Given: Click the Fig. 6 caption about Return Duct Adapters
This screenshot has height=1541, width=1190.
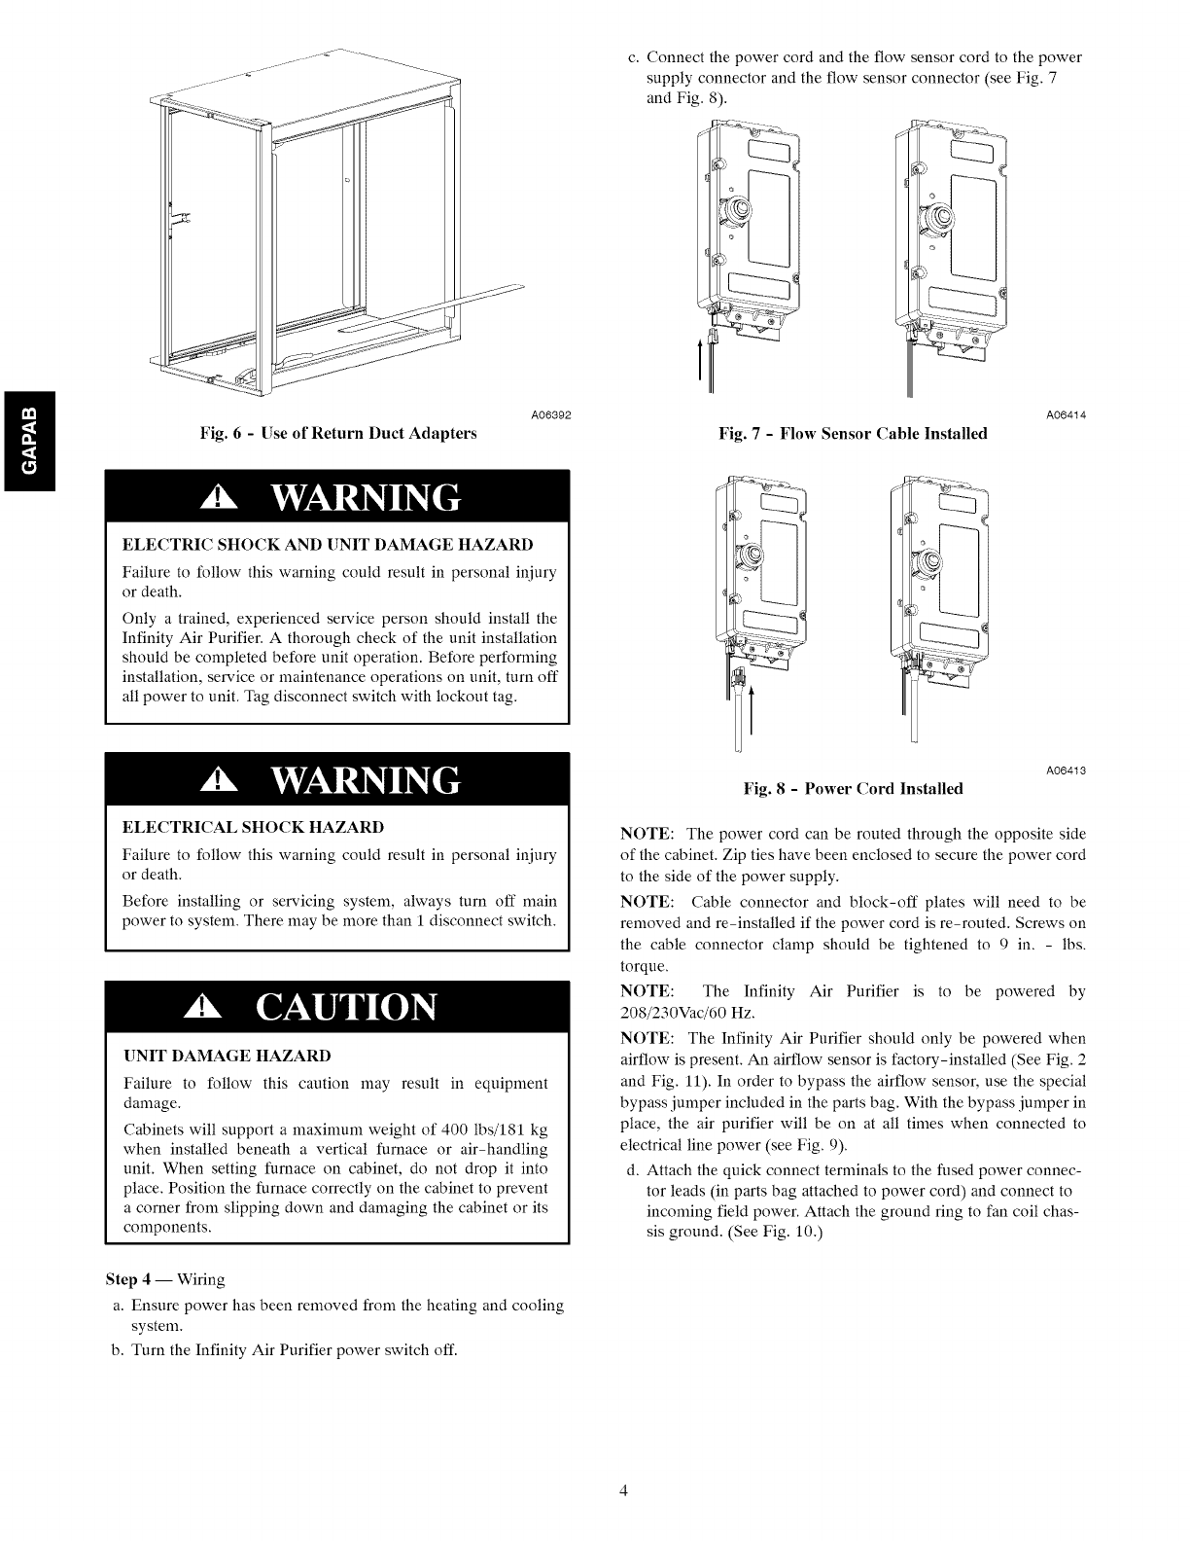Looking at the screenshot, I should coord(337,433).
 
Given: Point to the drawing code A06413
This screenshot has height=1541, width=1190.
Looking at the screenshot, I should coord(1065,770).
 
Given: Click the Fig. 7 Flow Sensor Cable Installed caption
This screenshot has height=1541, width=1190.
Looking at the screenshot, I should coord(853,433).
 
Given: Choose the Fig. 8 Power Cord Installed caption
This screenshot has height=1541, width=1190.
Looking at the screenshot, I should coord(853,788).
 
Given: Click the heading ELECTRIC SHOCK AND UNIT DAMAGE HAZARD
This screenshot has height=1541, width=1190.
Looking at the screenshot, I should coord(328,544).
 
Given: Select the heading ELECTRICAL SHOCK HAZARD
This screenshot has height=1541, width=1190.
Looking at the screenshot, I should coord(253,827).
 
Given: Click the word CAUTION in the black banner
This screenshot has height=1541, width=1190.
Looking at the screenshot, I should coord(345,1007).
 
